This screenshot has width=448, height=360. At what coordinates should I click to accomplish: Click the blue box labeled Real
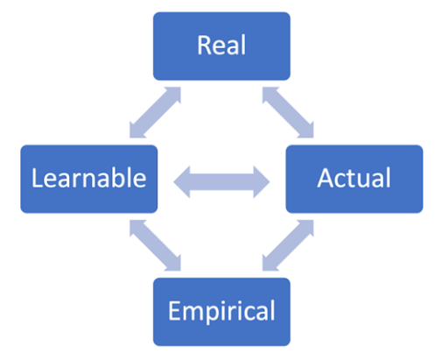(221, 46)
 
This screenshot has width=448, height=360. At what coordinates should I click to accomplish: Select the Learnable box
(89, 179)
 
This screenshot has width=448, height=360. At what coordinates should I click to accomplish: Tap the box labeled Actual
(354, 179)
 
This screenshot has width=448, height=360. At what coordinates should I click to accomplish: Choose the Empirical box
(221, 312)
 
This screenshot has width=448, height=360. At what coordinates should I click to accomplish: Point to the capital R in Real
(204, 45)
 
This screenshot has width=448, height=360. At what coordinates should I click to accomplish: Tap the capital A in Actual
(325, 178)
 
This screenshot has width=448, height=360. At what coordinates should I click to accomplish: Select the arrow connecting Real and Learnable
(155, 112)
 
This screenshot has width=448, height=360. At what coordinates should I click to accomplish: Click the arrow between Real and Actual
(288, 112)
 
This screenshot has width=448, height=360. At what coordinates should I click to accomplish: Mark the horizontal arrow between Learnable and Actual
(221, 182)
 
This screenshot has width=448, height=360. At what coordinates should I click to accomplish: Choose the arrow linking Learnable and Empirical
(155, 245)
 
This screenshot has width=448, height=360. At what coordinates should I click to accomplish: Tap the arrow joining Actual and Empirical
(288, 245)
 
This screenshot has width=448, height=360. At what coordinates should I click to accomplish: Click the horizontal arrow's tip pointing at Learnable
(174, 182)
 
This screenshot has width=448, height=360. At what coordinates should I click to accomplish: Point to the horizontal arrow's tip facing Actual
(269, 182)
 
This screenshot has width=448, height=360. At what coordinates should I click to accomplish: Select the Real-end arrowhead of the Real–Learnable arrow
(175, 93)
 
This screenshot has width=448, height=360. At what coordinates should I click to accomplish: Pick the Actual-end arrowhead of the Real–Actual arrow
(308, 132)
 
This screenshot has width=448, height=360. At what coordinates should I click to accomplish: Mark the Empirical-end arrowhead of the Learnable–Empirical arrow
(175, 265)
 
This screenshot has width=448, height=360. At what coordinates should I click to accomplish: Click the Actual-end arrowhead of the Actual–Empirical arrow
(308, 225)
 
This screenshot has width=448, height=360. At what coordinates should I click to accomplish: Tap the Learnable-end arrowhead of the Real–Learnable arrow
(136, 132)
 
